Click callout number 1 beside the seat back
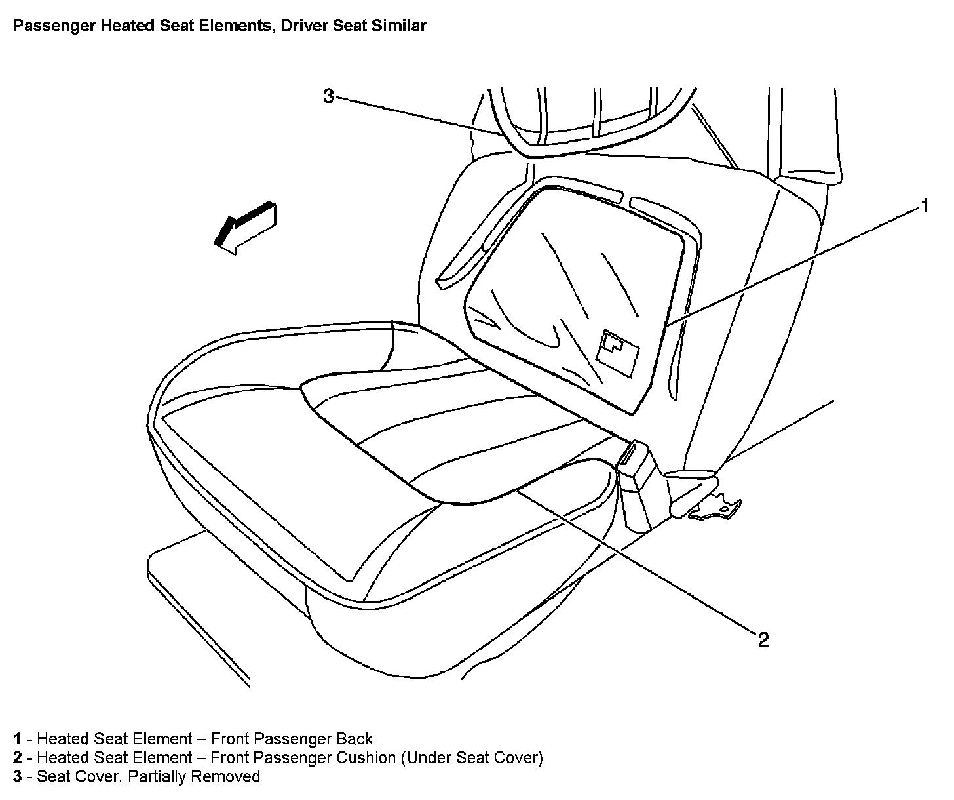point(925,207)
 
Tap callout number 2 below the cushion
point(763,639)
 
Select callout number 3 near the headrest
point(328,97)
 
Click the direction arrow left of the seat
point(245,226)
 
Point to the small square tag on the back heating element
point(618,352)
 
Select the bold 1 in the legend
point(18,739)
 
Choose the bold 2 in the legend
point(18,758)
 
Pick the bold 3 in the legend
point(18,777)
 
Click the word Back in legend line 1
point(354,739)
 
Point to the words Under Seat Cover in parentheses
point(472,758)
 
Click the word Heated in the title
point(115,26)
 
